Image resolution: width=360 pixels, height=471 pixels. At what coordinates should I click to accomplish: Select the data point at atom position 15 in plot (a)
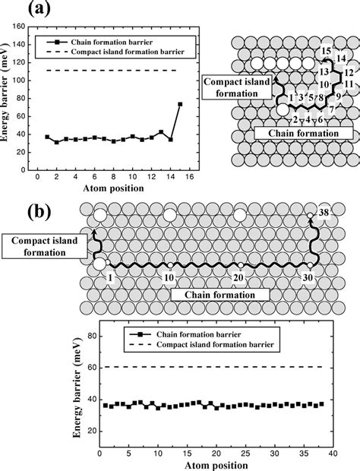pos(180,104)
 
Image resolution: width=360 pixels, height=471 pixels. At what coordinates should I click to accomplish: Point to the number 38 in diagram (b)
pos(324,211)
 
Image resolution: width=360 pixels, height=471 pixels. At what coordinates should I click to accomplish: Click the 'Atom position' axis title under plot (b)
pos(212,464)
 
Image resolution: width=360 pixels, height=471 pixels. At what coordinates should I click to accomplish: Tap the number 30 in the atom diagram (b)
pos(306,278)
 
